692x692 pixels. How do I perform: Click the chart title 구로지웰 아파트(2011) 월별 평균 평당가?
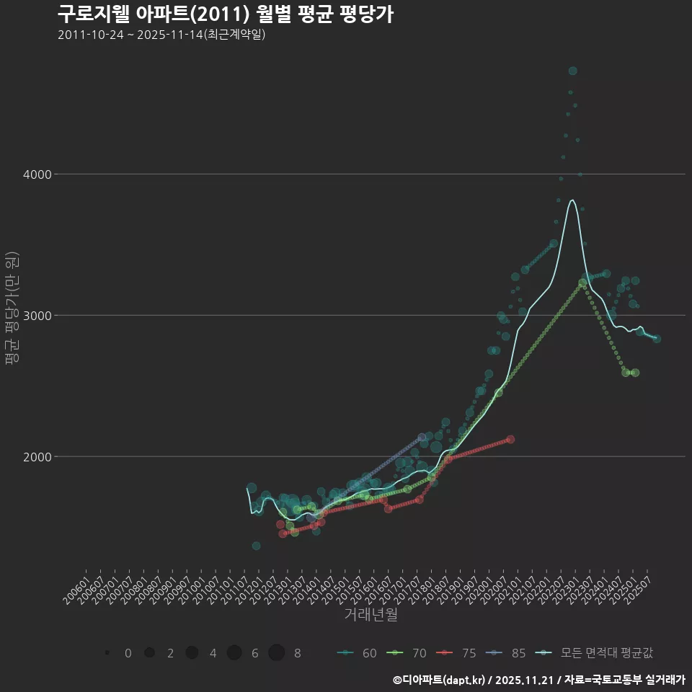click(x=225, y=14)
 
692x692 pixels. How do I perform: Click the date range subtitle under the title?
click(x=161, y=35)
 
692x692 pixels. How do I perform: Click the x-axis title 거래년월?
click(x=371, y=614)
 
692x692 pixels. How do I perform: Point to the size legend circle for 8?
click(x=276, y=653)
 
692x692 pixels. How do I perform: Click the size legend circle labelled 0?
click(x=107, y=653)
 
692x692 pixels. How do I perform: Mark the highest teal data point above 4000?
click(x=572, y=71)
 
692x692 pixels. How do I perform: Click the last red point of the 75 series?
click(x=510, y=439)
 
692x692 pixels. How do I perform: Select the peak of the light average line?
click(x=572, y=200)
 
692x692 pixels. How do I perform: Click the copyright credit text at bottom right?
click(x=538, y=680)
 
